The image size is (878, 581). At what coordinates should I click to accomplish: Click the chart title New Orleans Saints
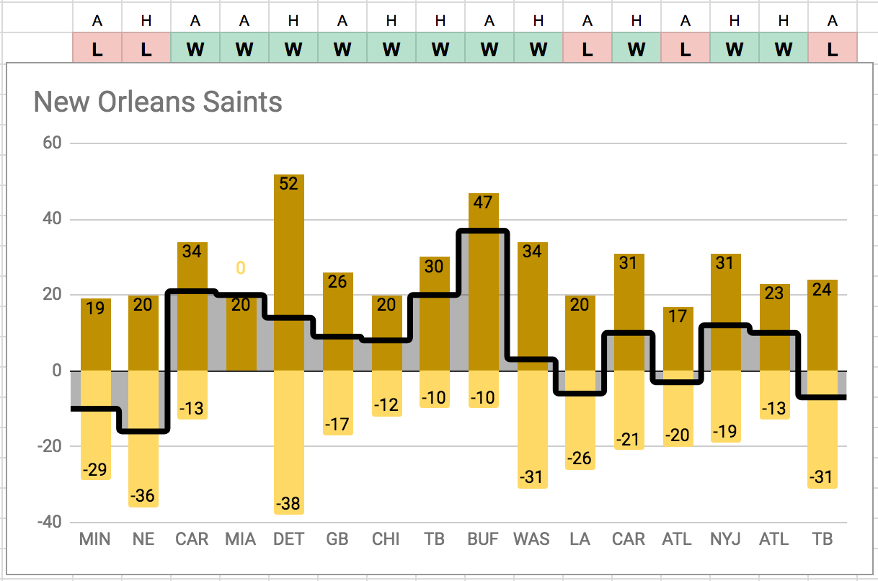click(x=158, y=102)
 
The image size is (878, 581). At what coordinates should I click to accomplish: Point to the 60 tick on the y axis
click(x=51, y=143)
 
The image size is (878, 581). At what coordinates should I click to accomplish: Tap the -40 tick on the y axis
click(x=48, y=522)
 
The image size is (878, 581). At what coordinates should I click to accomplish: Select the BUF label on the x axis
click(x=482, y=539)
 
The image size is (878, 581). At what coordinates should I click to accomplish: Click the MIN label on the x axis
click(x=95, y=539)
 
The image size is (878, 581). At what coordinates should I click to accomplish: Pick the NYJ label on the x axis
click(x=724, y=539)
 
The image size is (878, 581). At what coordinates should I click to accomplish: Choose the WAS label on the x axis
click(x=531, y=539)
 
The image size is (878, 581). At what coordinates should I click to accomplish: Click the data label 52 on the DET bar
click(x=288, y=184)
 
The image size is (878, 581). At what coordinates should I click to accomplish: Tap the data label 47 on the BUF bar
click(x=482, y=203)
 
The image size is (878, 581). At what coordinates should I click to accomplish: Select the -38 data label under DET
click(x=288, y=504)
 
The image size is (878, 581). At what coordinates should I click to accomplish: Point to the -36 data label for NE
click(x=143, y=496)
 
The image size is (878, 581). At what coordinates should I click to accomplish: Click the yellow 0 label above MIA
click(x=241, y=268)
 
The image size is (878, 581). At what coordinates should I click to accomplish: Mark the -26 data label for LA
click(x=580, y=458)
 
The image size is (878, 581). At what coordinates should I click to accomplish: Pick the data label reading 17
click(x=677, y=316)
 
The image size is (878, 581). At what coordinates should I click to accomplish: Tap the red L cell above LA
click(x=587, y=50)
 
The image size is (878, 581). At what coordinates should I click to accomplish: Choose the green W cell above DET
click(x=293, y=50)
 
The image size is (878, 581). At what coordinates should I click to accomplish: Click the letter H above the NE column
click(x=146, y=21)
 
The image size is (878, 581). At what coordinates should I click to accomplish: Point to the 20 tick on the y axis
click(x=51, y=295)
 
